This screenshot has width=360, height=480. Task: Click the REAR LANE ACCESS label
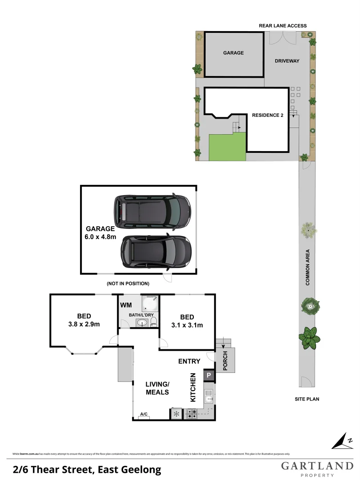pos(283,26)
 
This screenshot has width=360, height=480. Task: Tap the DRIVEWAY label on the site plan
pos(287,61)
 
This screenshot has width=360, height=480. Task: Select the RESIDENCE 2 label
pos(268,115)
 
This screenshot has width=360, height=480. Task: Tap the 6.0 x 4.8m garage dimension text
pos(100,237)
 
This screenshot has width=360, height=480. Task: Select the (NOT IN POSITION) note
pos(128,283)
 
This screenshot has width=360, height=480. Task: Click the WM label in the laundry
pos(125,306)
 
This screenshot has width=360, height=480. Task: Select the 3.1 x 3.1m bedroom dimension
pos(187,325)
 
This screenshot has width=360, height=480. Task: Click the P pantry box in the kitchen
pos(209,376)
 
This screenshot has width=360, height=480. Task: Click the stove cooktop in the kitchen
pos(192,414)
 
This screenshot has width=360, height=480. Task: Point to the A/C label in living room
pos(144,414)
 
